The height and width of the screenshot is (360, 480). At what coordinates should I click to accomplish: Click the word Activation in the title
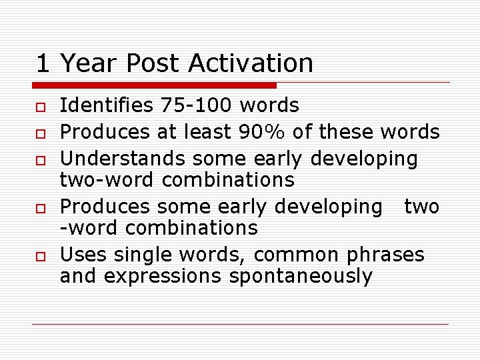click(x=251, y=63)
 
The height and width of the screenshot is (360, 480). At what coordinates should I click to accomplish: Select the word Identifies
click(x=107, y=105)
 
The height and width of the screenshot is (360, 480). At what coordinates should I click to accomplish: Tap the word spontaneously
click(x=301, y=276)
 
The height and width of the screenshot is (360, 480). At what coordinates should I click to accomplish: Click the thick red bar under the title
click(x=154, y=85)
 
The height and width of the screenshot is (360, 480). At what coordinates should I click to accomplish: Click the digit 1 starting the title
click(x=43, y=63)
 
